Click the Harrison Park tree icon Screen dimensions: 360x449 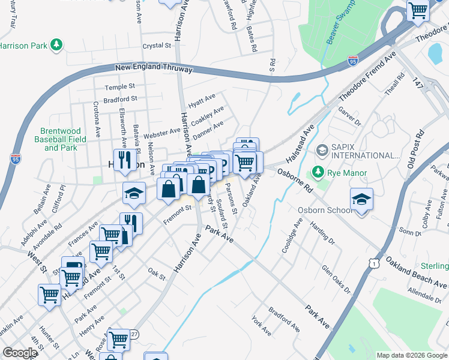pyautogui.click(x=56, y=45)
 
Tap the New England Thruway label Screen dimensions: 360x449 pyautogui.click(x=154, y=68)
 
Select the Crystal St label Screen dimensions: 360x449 pyautogui.click(x=157, y=46)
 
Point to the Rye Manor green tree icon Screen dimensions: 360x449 pyautogui.click(x=318, y=174)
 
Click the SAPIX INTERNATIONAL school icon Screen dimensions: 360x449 pyautogui.click(x=322, y=149)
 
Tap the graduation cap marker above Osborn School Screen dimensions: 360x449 pyautogui.click(x=361, y=200)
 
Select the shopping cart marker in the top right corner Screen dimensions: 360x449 pyautogui.click(x=417, y=10)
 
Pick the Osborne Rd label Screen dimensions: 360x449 pyautogui.click(x=295, y=179)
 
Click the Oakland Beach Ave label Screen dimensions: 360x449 pyautogui.click(x=416, y=273)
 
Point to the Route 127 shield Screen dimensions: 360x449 pyautogui.click(x=134, y=334)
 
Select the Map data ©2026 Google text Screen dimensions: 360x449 pyautogui.click(x=412, y=355)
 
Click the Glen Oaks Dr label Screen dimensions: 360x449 pyautogui.click(x=336, y=280)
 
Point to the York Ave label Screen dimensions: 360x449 pyautogui.click(x=262, y=326)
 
